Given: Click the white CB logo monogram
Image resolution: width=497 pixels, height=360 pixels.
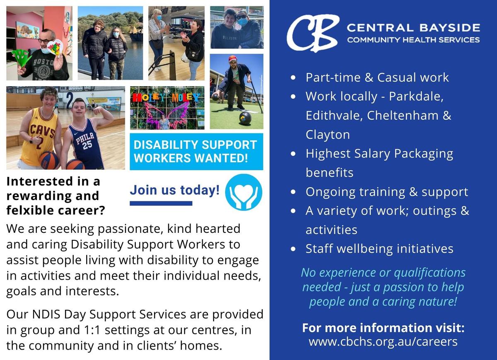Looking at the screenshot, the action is [313, 33].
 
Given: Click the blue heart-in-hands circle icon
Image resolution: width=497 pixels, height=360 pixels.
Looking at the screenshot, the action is [244, 192].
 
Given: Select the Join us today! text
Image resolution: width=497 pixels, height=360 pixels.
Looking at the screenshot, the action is [175, 190].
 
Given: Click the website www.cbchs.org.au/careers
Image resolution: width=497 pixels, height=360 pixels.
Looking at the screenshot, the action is [383, 342].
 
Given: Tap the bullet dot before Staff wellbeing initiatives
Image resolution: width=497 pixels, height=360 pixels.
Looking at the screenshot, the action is [293, 249].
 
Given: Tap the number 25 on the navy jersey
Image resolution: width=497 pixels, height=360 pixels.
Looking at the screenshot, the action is [87, 145].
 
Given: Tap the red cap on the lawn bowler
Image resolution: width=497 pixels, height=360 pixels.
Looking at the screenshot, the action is [232, 58].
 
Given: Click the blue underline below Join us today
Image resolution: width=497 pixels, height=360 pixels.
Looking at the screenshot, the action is [161, 203].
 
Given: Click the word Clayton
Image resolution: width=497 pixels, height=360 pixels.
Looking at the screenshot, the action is [328, 135].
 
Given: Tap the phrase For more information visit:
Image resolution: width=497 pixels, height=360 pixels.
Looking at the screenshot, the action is [383, 328].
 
